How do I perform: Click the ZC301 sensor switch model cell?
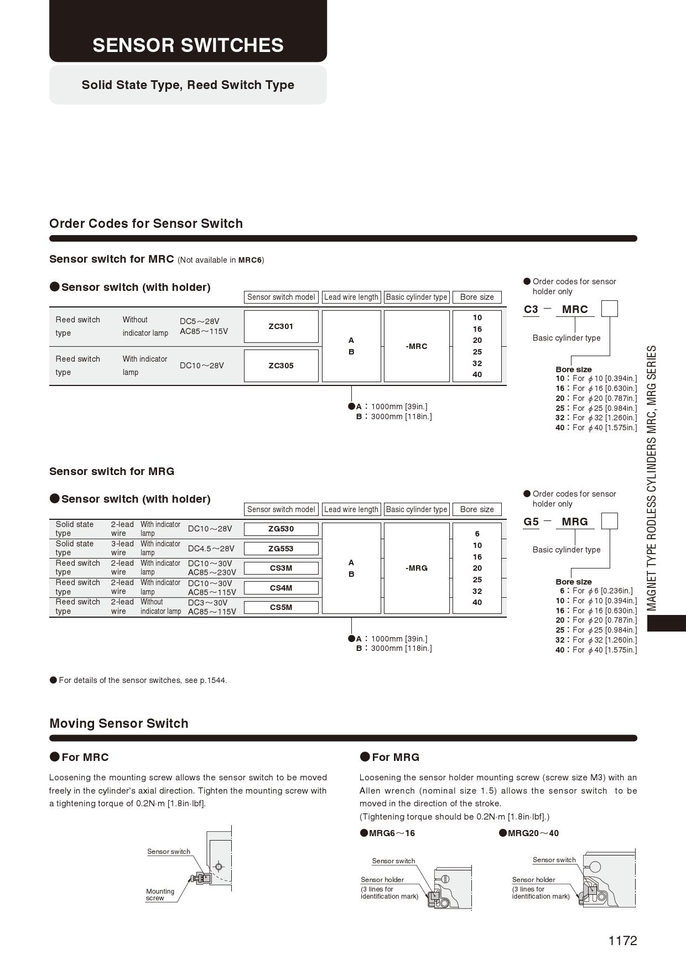[281, 326]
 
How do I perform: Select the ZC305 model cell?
[281, 366]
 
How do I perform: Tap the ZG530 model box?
[281, 529]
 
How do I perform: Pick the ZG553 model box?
[281, 549]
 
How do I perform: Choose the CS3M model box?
[281, 568]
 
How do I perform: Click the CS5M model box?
[281, 607]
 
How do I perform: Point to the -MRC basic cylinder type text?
[417, 346]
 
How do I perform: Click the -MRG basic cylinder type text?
[417, 568]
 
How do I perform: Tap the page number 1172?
[622, 941]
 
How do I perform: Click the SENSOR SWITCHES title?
[188, 45]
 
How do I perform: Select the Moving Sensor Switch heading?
[119, 723]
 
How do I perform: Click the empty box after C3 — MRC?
[609, 309]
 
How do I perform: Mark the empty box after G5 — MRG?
[609, 521]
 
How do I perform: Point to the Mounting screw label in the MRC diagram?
[160, 894]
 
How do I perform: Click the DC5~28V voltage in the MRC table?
[199, 321]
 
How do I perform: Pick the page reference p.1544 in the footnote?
[213, 680]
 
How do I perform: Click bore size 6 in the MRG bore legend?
[562, 591]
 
